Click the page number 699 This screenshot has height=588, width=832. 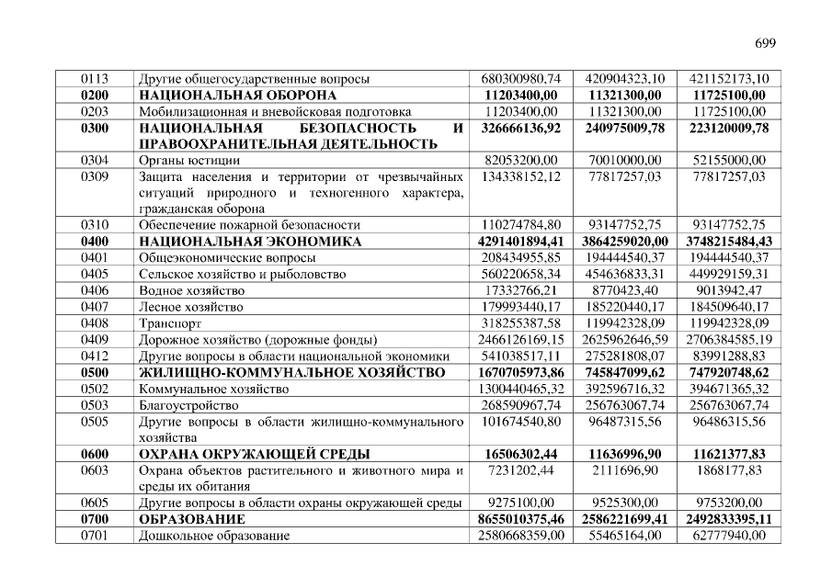pos(766,43)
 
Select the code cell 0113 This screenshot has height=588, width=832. pos(95,79)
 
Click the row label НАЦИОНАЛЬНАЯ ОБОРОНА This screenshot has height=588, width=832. pos(237,96)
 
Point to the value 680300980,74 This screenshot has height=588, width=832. pos(520,79)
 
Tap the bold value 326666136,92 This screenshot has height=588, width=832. pos(520,128)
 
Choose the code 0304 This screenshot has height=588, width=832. pos(95,160)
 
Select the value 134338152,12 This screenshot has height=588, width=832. pos(520,176)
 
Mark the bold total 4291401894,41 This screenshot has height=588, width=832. pos(520,242)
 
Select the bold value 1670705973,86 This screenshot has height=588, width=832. pos(520,372)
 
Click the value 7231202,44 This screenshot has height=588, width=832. pos(520,470)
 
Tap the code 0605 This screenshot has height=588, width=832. pos(95,503)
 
